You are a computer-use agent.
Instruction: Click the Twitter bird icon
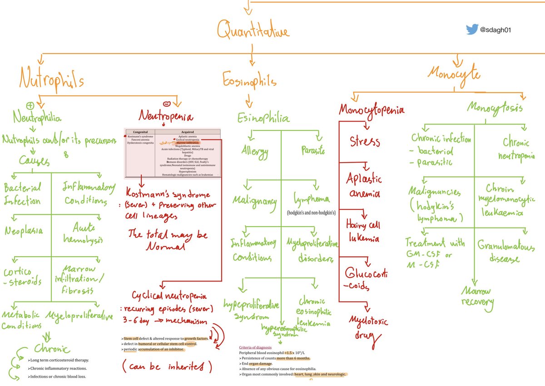click(472, 30)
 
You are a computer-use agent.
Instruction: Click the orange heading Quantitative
click(253, 31)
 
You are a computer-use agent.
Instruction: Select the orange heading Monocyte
click(454, 74)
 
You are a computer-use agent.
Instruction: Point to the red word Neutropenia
click(166, 117)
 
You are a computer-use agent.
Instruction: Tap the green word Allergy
click(256, 150)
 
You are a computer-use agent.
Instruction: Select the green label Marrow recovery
click(477, 296)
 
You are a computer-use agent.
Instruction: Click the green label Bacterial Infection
click(22, 193)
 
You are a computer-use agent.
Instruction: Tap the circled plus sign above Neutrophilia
click(31, 104)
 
